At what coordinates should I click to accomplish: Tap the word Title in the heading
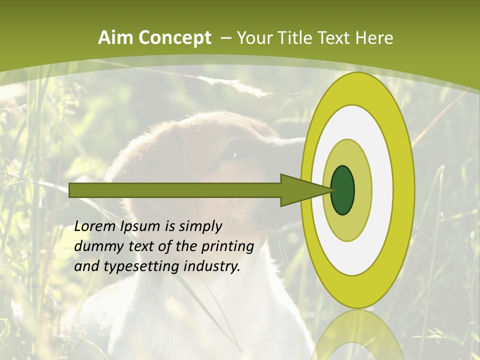[298, 38]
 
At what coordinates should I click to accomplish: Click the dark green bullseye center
[343, 190]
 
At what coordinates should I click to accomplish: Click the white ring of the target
[380, 190]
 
